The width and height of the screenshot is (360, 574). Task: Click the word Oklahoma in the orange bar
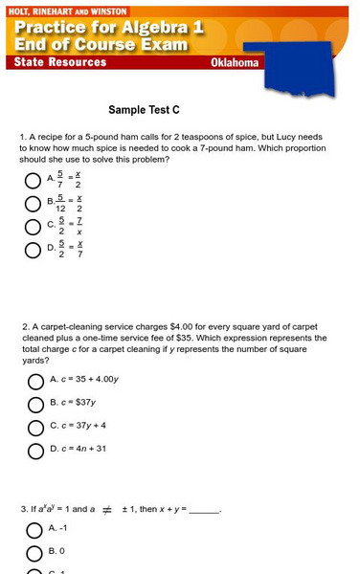click(235, 63)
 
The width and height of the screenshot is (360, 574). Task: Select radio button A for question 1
click(34, 179)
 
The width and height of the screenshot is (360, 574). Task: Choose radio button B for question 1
click(34, 203)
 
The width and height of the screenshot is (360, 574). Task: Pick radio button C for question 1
click(34, 227)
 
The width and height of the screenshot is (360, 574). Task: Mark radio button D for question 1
click(34, 251)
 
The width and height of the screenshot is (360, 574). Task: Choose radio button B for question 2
click(35, 404)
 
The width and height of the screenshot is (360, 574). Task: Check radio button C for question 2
click(35, 427)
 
